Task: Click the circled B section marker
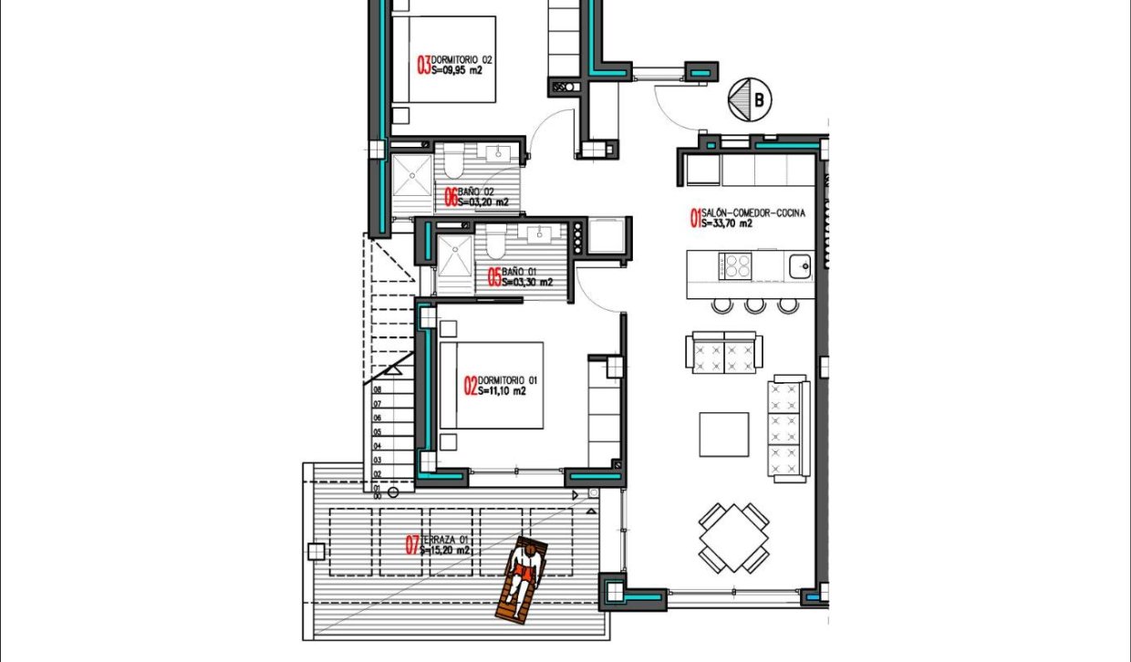pyautogui.click(x=751, y=98)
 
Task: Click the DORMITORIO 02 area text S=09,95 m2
pyautogui.click(x=456, y=69)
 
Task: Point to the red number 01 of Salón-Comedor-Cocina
pyautogui.click(x=695, y=217)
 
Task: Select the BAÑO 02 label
pyautogui.click(x=475, y=191)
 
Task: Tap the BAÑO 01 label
pyautogui.click(x=519, y=272)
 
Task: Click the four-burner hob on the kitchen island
pyautogui.click(x=736, y=266)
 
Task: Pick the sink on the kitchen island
pyautogui.click(x=800, y=265)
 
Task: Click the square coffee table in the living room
pyautogui.click(x=724, y=434)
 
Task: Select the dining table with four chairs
pyautogui.click(x=734, y=538)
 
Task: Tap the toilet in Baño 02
pyautogui.click(x=455, y=165)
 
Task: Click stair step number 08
pyautogui.click(x=377, y=389)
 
